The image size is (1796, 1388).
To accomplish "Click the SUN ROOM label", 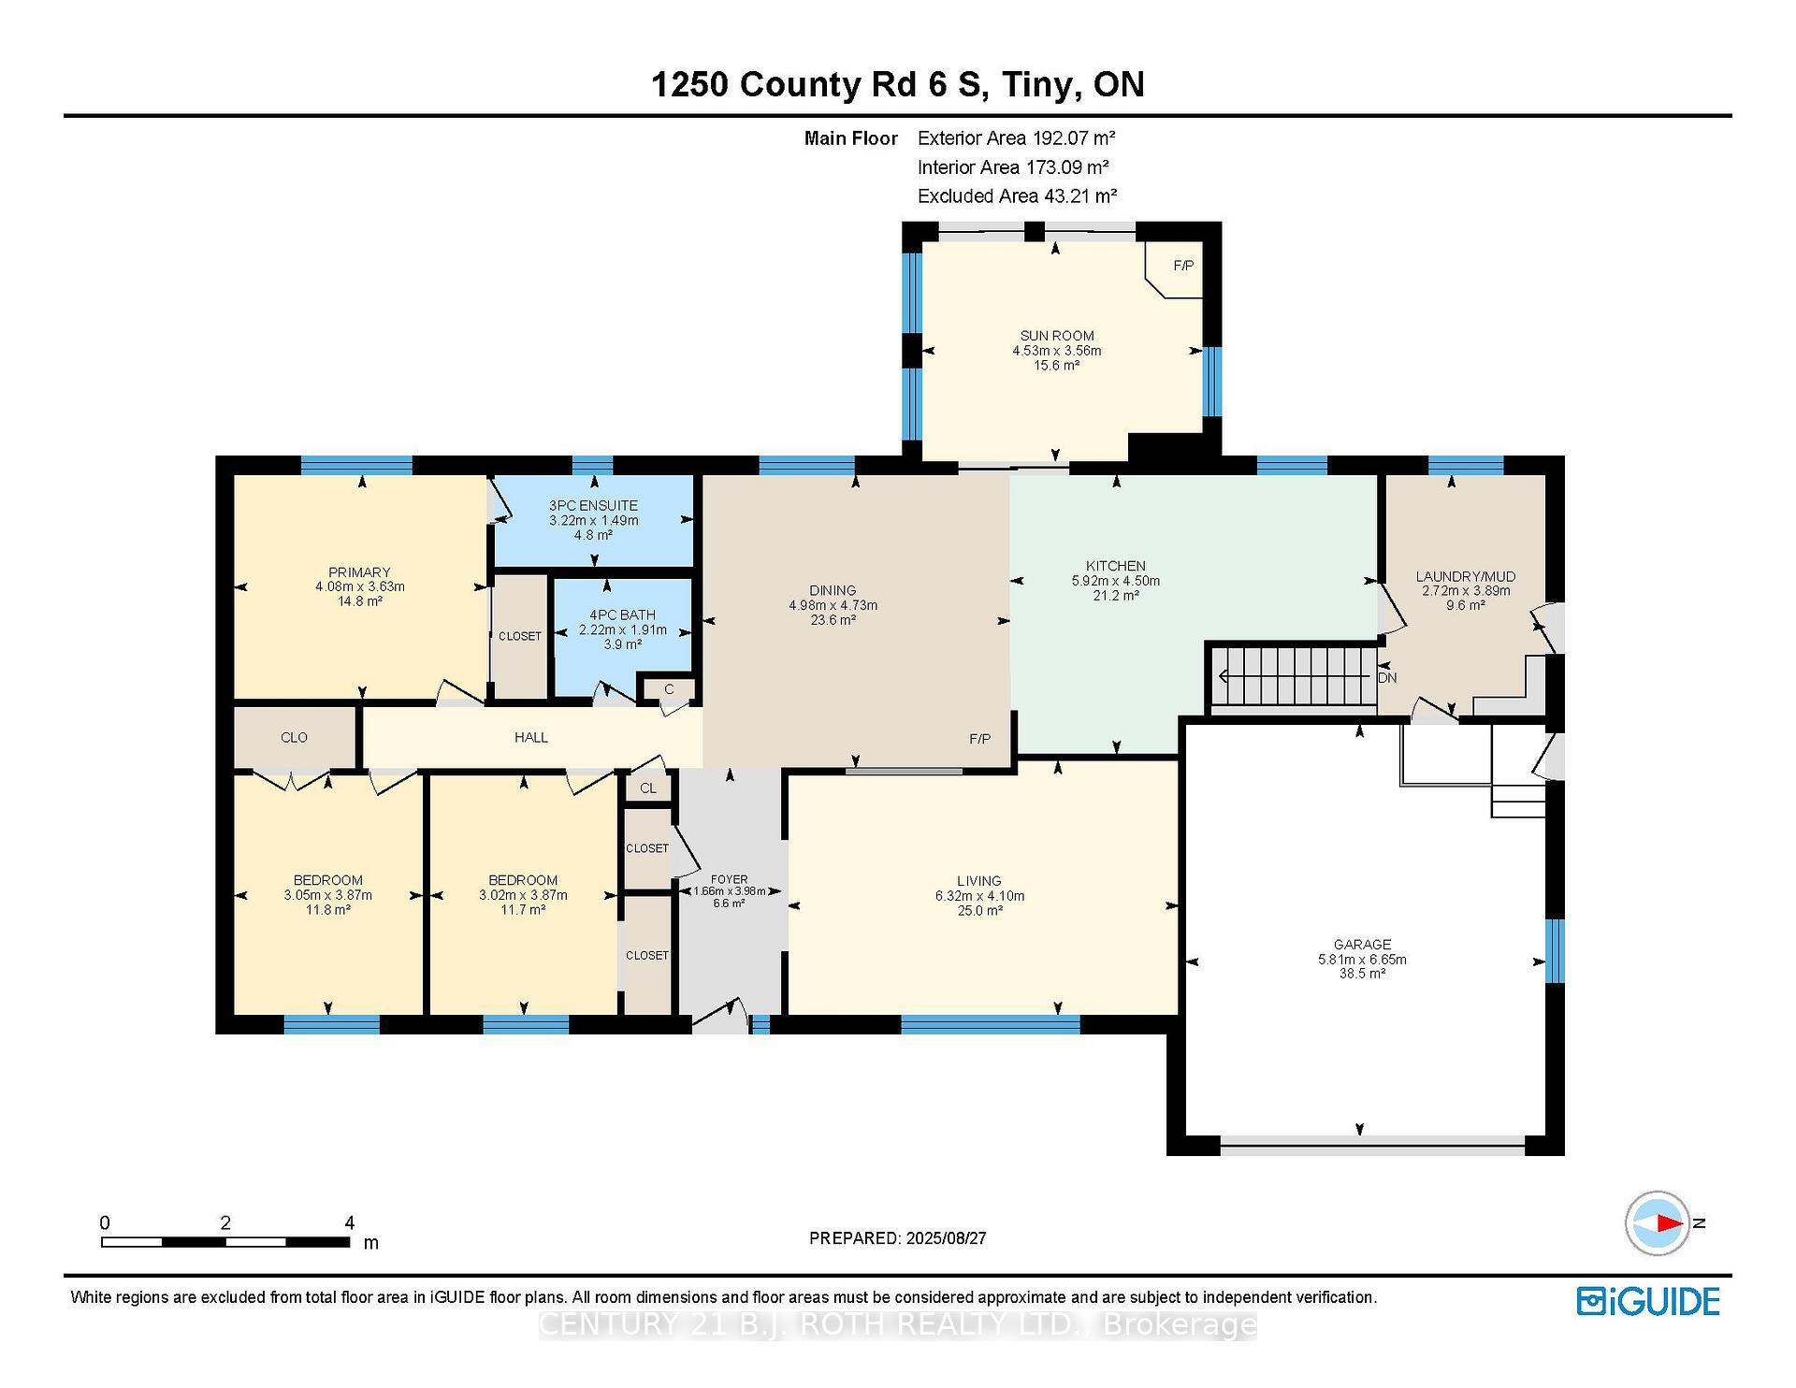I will coord(1056,336).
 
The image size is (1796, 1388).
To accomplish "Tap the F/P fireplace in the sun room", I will coord(1182,266).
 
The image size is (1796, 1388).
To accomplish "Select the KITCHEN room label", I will coord(1115,566).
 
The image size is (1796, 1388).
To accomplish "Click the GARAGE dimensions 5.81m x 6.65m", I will coord(1362,959).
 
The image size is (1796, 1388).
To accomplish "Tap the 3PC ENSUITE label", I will coord(593,505).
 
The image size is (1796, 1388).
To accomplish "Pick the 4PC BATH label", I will coord(622,614).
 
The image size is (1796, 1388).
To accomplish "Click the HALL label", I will coord(530,737).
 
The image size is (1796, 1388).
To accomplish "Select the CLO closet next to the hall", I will coord(294,737).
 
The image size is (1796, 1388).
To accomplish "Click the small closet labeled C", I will coord(669,689).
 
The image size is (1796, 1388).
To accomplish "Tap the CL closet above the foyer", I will coord(648,788).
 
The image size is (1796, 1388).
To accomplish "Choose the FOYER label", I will coord(729,879).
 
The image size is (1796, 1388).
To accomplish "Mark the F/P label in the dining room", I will coord(979,739).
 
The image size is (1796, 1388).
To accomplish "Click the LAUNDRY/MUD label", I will coord(1465,576).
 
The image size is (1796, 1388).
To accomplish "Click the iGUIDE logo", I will coord(1647,1301).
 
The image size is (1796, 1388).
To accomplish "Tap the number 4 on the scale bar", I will coord(349,1222).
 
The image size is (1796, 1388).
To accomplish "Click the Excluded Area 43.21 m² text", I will coord(1017,196).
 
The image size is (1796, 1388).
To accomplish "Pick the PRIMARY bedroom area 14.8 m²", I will coord(359,601).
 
